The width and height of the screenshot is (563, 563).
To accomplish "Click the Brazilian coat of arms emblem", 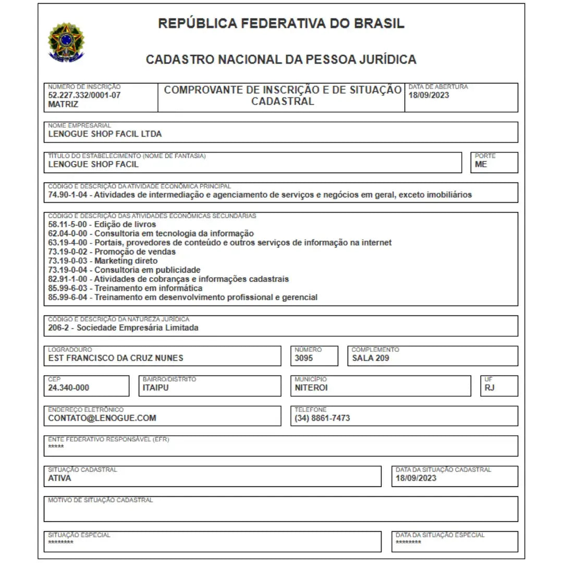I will [66, 41].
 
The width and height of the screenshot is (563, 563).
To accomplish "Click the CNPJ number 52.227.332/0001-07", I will [84, 95].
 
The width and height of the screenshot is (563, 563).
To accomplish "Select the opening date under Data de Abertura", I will [429, 95].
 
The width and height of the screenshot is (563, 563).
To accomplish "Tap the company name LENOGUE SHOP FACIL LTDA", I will [105, 134].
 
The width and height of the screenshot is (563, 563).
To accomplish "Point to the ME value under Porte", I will [481, 164].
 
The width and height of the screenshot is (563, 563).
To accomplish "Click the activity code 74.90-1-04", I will [70, 195].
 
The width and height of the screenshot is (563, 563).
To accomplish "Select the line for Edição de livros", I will [102, 225].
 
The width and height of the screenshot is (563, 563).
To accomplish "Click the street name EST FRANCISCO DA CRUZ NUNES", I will [115, 358].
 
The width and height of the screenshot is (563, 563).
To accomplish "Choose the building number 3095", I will [304, 358].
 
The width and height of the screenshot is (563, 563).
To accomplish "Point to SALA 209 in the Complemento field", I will [370, 358].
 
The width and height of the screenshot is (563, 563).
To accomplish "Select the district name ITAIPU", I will [156, 388].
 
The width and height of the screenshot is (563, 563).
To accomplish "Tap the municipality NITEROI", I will [311, 388].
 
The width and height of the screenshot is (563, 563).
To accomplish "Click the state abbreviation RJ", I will [489, 388].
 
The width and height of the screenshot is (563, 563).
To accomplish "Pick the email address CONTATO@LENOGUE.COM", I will [102, 418].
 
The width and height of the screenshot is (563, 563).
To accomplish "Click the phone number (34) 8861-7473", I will [322, 418].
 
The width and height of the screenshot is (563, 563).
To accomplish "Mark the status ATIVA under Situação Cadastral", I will [59, 478].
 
